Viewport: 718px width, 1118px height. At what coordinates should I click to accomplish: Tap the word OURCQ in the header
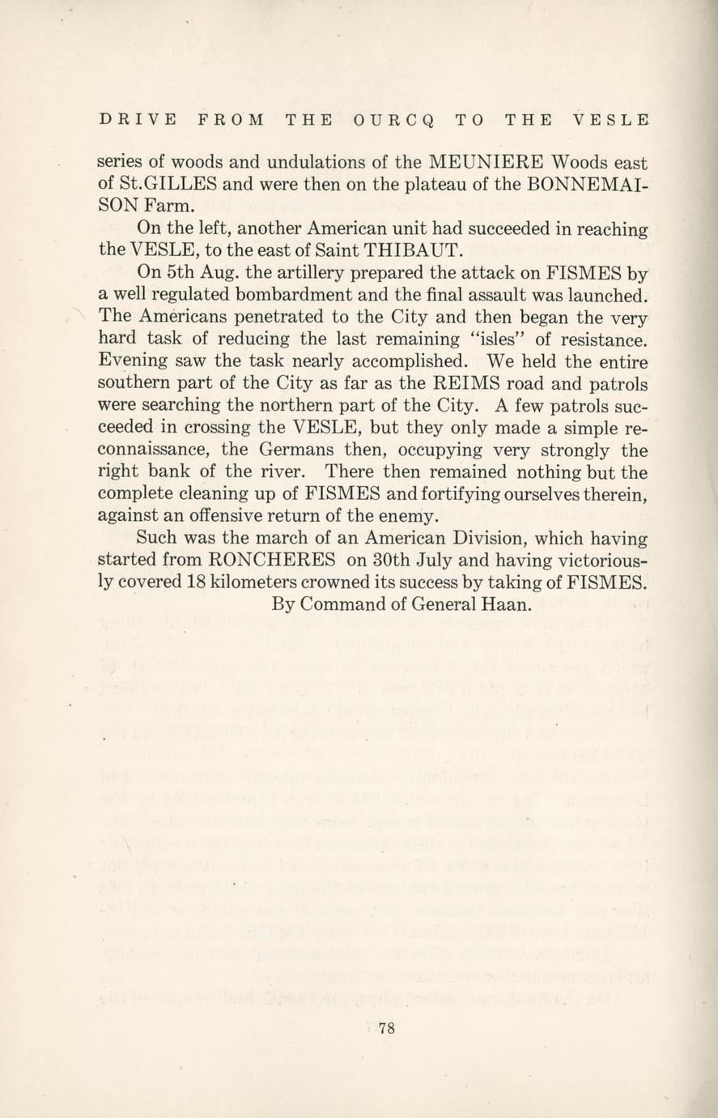(x=394, y=120)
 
